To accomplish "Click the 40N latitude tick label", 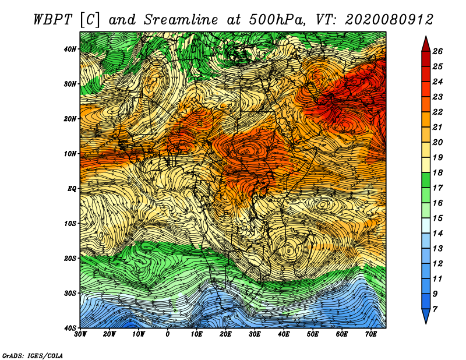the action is click(x=70, y=49).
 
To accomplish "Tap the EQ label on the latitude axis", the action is click(x=72, y=189).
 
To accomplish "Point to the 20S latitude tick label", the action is click(x=70, y=258).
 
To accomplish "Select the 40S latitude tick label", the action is click(x=70, y=328).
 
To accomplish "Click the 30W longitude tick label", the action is click(x=80, y=334).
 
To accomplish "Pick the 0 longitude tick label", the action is click(x=168, y=334).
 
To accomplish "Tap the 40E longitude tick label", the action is click(x=284, y=334).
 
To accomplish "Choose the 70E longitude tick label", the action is click(x=371, y=334).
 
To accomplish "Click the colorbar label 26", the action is click(x=437, y=51).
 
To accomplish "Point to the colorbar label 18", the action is click(x=437, y=172).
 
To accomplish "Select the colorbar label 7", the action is click(x=435, y=309).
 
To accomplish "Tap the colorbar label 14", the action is click(x=437, y=234).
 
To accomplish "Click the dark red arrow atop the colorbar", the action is click(x=426, y=44).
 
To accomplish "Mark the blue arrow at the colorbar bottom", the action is click(x=426, y=316).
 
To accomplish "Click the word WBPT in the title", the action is click(x=53, y=20).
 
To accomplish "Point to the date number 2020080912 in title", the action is click(x=389, y=20).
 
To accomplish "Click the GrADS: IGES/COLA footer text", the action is click(x=33, y=356).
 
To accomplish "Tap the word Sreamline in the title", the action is click(x=181, y=20).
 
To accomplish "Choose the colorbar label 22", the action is click(x=437, y=112).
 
